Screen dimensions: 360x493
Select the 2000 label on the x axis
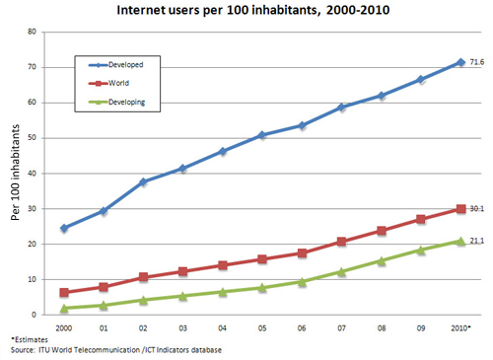(x=64, y=326)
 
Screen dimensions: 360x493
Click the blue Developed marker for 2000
(x=64, y=228)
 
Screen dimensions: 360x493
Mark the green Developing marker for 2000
(x=64, y=308)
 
